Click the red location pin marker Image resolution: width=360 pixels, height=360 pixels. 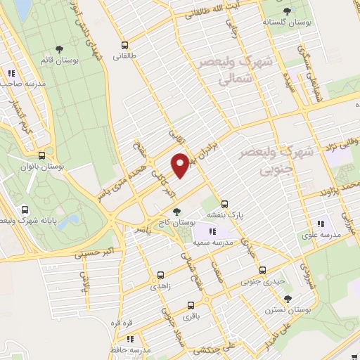pyautogui.click(x=180, y=165)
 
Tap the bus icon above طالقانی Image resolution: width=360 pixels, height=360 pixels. pyautogui.click(x=124, y=43)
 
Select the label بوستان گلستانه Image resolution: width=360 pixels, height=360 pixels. pyautogui.click(x=287, y=22)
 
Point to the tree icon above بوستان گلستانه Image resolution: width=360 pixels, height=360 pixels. pyautogui.click(x=287, y=10)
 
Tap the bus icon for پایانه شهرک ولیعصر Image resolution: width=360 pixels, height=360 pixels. pyautogui.click(x=25, y=209)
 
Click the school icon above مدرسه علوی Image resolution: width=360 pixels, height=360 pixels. pyautogui.click(x=321, y=224)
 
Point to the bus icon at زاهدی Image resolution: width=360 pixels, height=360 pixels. pyautogui.click(x=161, y=275)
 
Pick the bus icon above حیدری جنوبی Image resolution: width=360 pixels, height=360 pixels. pyautogui.click(x=262, y=269)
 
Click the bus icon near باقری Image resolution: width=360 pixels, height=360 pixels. pyautogui.click(x=191, y=305)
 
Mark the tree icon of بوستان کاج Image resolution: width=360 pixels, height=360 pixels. pyautogui.click(x=176, y=212)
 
